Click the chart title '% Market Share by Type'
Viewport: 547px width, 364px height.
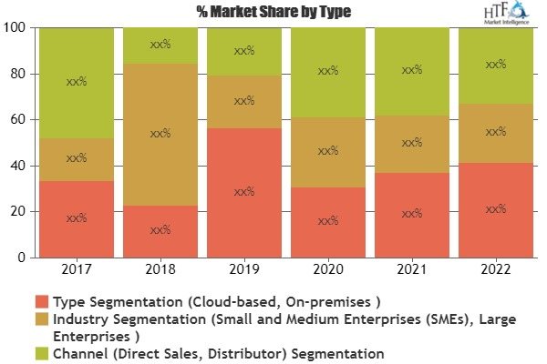point(273,12)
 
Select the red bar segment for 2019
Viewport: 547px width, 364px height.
point(244,192)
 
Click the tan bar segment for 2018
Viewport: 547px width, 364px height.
point(160,135)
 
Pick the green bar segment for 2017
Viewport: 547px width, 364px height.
point(77,83)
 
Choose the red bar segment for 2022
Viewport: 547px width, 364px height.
point(496,210)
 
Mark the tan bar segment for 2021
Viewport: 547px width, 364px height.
point(412,143)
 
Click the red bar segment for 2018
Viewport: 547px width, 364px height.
point(160,231)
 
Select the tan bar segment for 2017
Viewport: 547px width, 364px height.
point(77,159)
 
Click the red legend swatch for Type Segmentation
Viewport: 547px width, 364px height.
point(41,301)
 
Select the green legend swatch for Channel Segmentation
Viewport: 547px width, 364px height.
point(41,352)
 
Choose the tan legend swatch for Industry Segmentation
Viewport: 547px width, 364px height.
point(41,318)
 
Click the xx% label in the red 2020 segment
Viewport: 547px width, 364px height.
point(328,220)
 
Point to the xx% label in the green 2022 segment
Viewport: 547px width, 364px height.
point(496,65)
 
